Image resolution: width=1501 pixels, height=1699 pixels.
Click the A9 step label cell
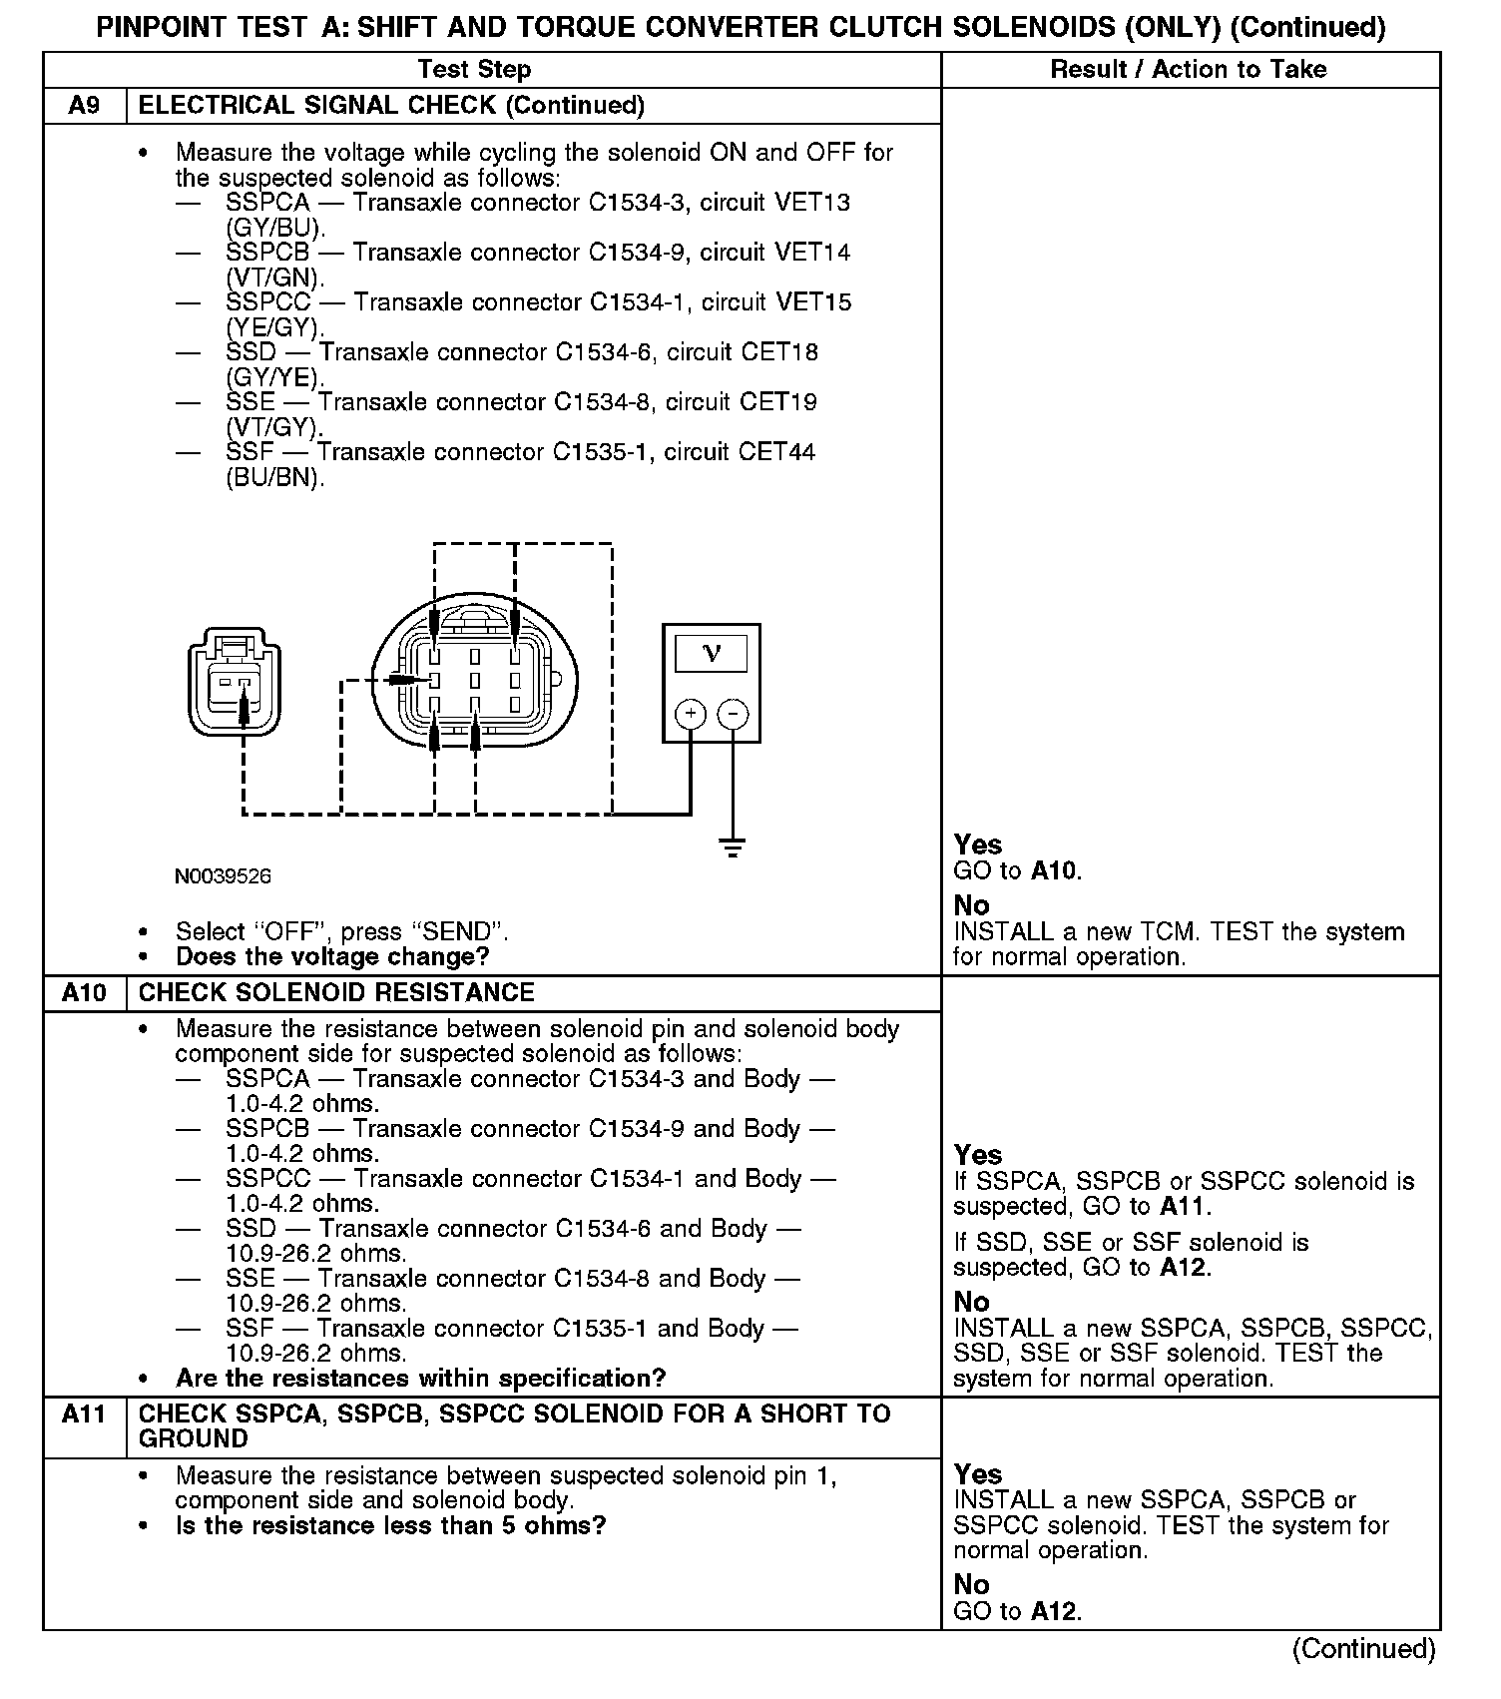pos(84,106)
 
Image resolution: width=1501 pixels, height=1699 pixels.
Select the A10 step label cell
pos(84,993)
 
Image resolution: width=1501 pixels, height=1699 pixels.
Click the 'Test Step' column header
pos(474,70)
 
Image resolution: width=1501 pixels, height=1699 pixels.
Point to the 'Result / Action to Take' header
pos(1189,70)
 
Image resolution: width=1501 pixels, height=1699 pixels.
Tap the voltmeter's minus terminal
pos(734,714)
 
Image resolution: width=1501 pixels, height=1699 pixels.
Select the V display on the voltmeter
pos(712,654)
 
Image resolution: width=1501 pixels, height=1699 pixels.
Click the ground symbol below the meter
pos(733,849)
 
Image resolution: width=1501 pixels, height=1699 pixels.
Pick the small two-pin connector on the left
pos(234,682)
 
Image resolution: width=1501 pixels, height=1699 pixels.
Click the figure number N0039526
pos(223,876)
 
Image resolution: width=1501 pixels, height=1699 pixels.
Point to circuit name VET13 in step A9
pos(812,203)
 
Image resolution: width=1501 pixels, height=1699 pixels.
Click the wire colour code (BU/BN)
pos(275,478)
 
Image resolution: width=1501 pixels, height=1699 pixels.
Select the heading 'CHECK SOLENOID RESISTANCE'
pos(336,993)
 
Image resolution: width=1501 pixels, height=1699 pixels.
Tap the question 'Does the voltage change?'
pos(332,957)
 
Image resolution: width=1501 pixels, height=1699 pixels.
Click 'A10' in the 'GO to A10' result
pos(1054,871)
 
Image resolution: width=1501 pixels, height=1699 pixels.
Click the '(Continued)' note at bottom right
pos(1363,1649)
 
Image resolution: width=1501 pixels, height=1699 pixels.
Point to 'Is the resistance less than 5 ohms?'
pos(390,1526)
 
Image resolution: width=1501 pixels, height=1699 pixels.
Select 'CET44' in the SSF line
pos(776,452)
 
